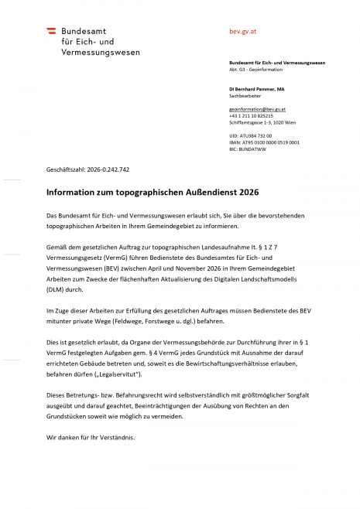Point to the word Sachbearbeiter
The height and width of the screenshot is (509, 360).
click(244, 97)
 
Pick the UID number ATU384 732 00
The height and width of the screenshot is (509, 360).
click(251, 136)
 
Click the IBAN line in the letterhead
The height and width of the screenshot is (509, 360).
click(264, 142)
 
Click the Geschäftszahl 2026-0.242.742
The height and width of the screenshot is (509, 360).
click(87, 169)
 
